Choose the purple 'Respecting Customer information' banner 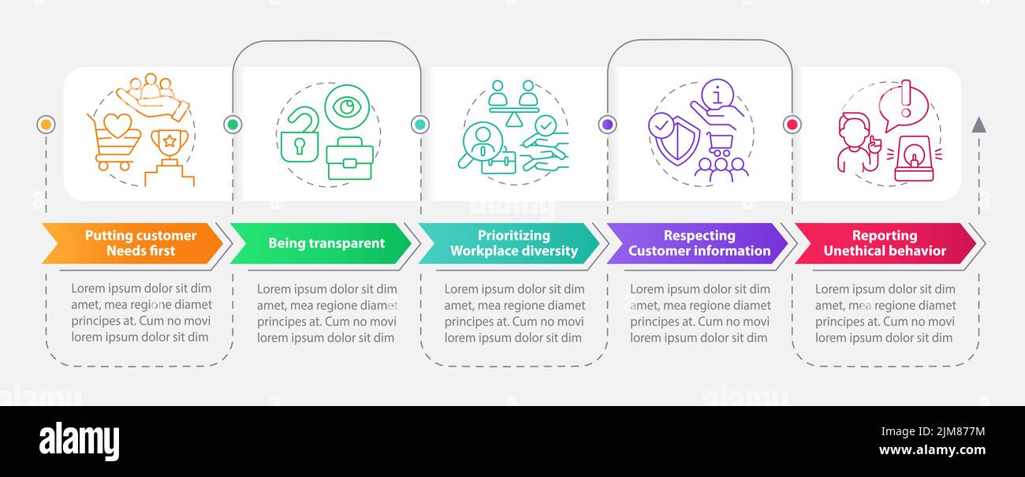pyautogui.click(x=697, y=243)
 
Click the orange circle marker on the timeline pyautogui.click(x=46, y=125)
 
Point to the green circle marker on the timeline pyautogui.click(x=233, y=125)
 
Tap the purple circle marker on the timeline pyautogui.click(x=607, y=125)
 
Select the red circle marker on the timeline pyautogui.click(x=792, y=125)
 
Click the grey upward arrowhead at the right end pyautogui.click(x=978, y=125)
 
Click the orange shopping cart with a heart pyautogui.click(x=116, y=140)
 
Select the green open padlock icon pyautogui.click(x=300, y=136)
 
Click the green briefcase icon pyautogui.click(x=349, y=158)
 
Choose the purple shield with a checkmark pyautogui.click(x=673, y=137)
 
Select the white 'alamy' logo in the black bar pyautogui.click(x=80, y=441)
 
